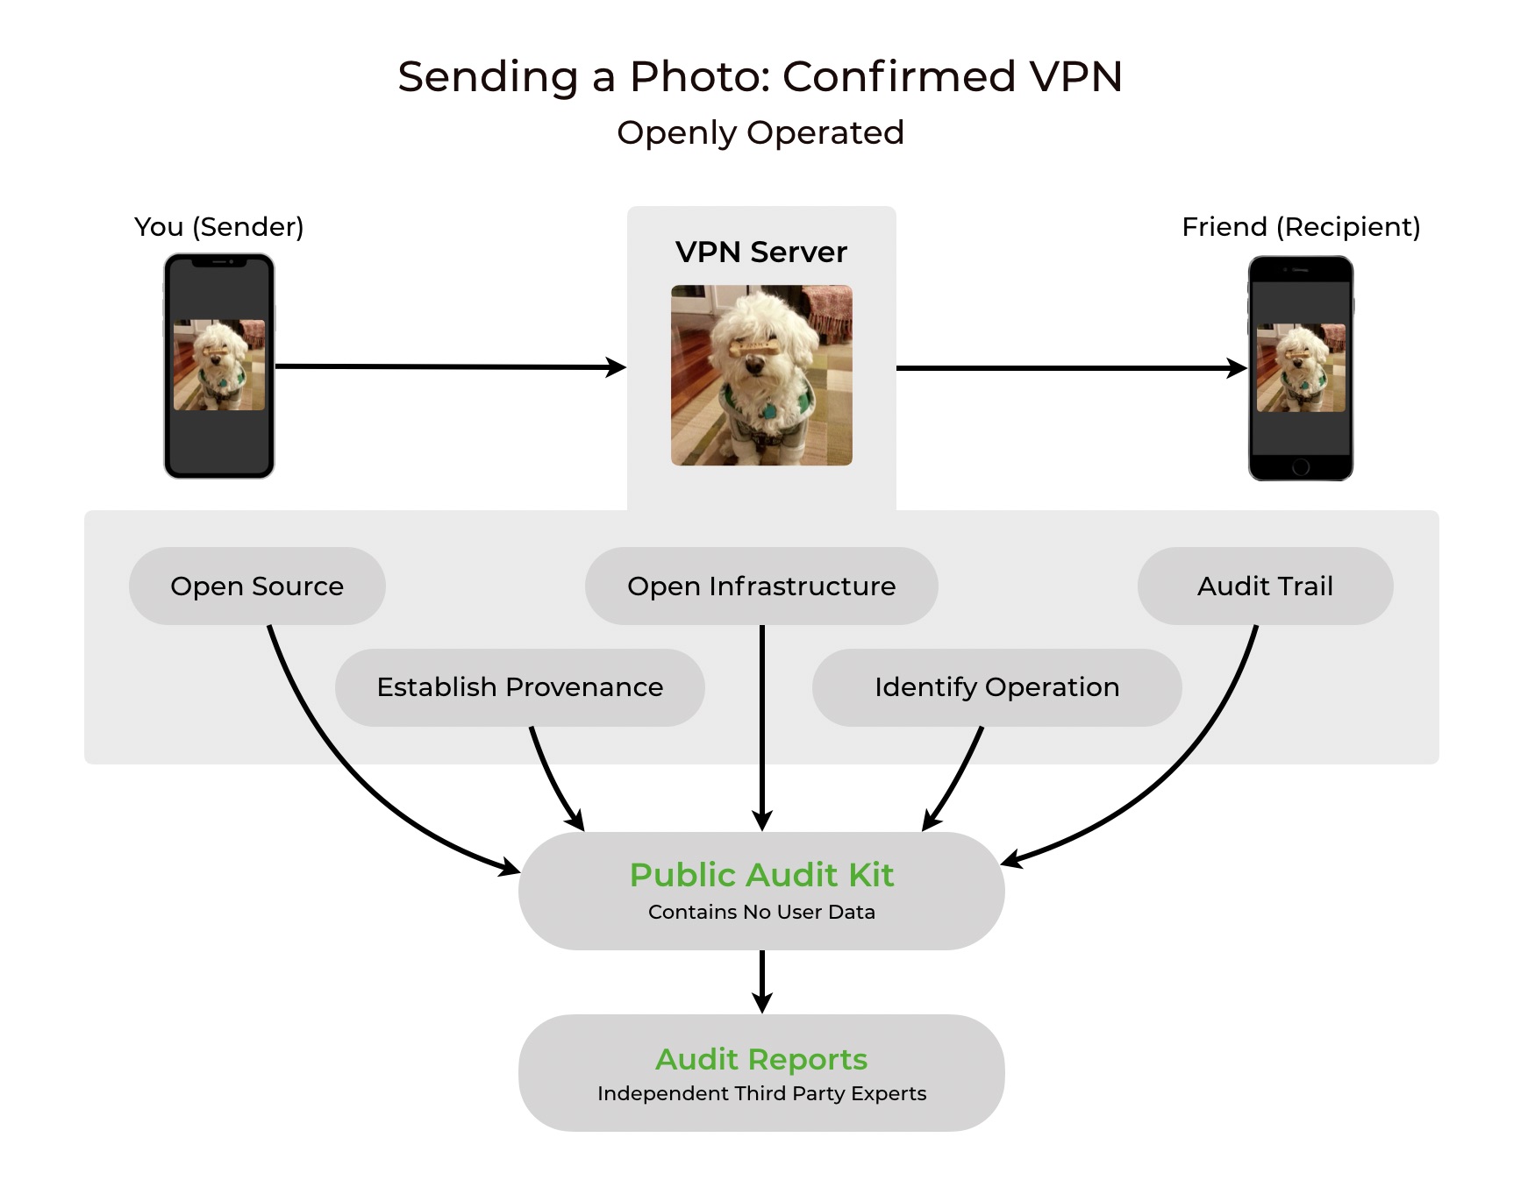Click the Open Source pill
pyautogui.click(x=257, y=586)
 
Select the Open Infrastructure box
pyautogui.click(x=761, y=586)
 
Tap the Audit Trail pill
pyautogui.click(x=1265, y=586)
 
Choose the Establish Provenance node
pyautogui.click(x=519, y=686)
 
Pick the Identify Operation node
pyautogui.click(x=996, y=686)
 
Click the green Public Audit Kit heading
pyautogui.click(x=761, y=875)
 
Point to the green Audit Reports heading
pyautogui.click(x=761, y=1059)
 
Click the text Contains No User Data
pyautogui.click(x=761, y=912)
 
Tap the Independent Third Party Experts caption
pyautogui.click(x=761, y=1093)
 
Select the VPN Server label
pyautogui.click(x=761, y=252)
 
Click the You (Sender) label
pyautogui.click(x=219, y=226)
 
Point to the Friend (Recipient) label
pyautogui.click(x=1301, y=226)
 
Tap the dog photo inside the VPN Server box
pyautogui.click(x=761, y=375)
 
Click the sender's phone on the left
pyautogui.click(x=219, y=366)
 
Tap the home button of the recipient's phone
pyautogui.click(x=1301, y=467)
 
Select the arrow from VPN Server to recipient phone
pyautogui.click(x=1070, y=368)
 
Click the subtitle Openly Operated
pyautogui.click(x=760, y=132)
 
